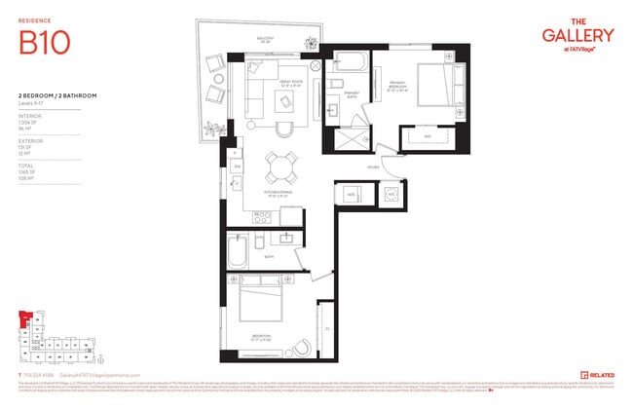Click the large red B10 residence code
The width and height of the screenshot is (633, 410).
42,43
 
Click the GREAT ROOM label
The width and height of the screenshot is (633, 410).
287,83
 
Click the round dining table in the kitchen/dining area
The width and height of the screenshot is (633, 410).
283,167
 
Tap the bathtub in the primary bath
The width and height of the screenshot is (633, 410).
346,66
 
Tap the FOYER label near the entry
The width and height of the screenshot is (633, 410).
372,167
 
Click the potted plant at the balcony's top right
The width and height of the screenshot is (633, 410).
310,43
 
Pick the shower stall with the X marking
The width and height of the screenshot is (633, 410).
346,138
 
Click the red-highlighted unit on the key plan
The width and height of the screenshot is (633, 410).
24,320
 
